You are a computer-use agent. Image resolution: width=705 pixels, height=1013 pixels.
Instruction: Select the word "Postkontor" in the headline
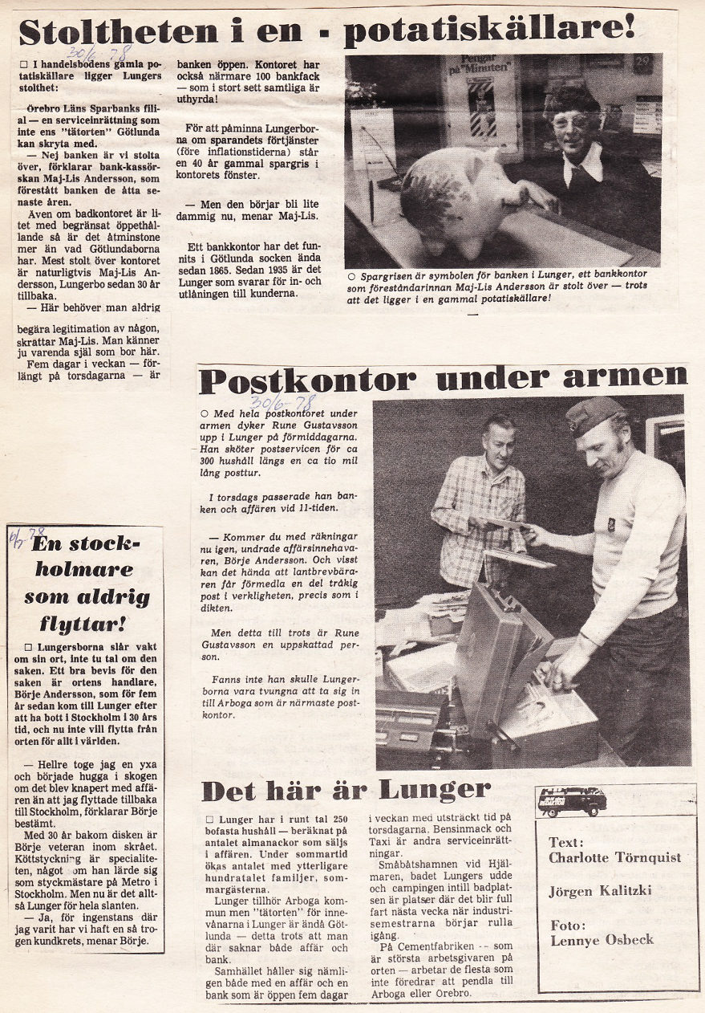308,380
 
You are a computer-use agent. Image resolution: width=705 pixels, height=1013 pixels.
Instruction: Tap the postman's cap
594,413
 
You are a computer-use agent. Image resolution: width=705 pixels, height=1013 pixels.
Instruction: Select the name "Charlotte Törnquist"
614,857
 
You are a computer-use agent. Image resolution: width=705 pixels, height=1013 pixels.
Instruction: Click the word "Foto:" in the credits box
568,924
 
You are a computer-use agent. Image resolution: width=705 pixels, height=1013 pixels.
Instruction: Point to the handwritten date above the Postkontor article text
282,401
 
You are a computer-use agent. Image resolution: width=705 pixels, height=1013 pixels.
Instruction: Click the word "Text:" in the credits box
567,842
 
